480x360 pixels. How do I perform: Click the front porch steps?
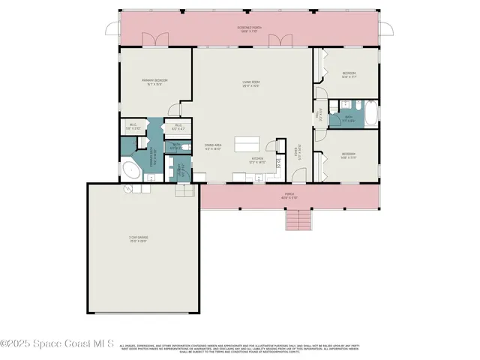pos(299,220)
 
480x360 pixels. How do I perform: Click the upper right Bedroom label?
pos(349,73)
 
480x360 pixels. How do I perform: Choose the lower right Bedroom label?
pos(349,155)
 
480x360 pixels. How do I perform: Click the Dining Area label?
pos(213,146)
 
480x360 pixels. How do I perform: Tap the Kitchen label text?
pos(259,160)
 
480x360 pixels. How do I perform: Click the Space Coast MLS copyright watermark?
pos(57,344)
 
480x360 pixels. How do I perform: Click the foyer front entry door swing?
pos(299,176)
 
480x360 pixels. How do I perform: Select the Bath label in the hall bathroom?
pos(349,118)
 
